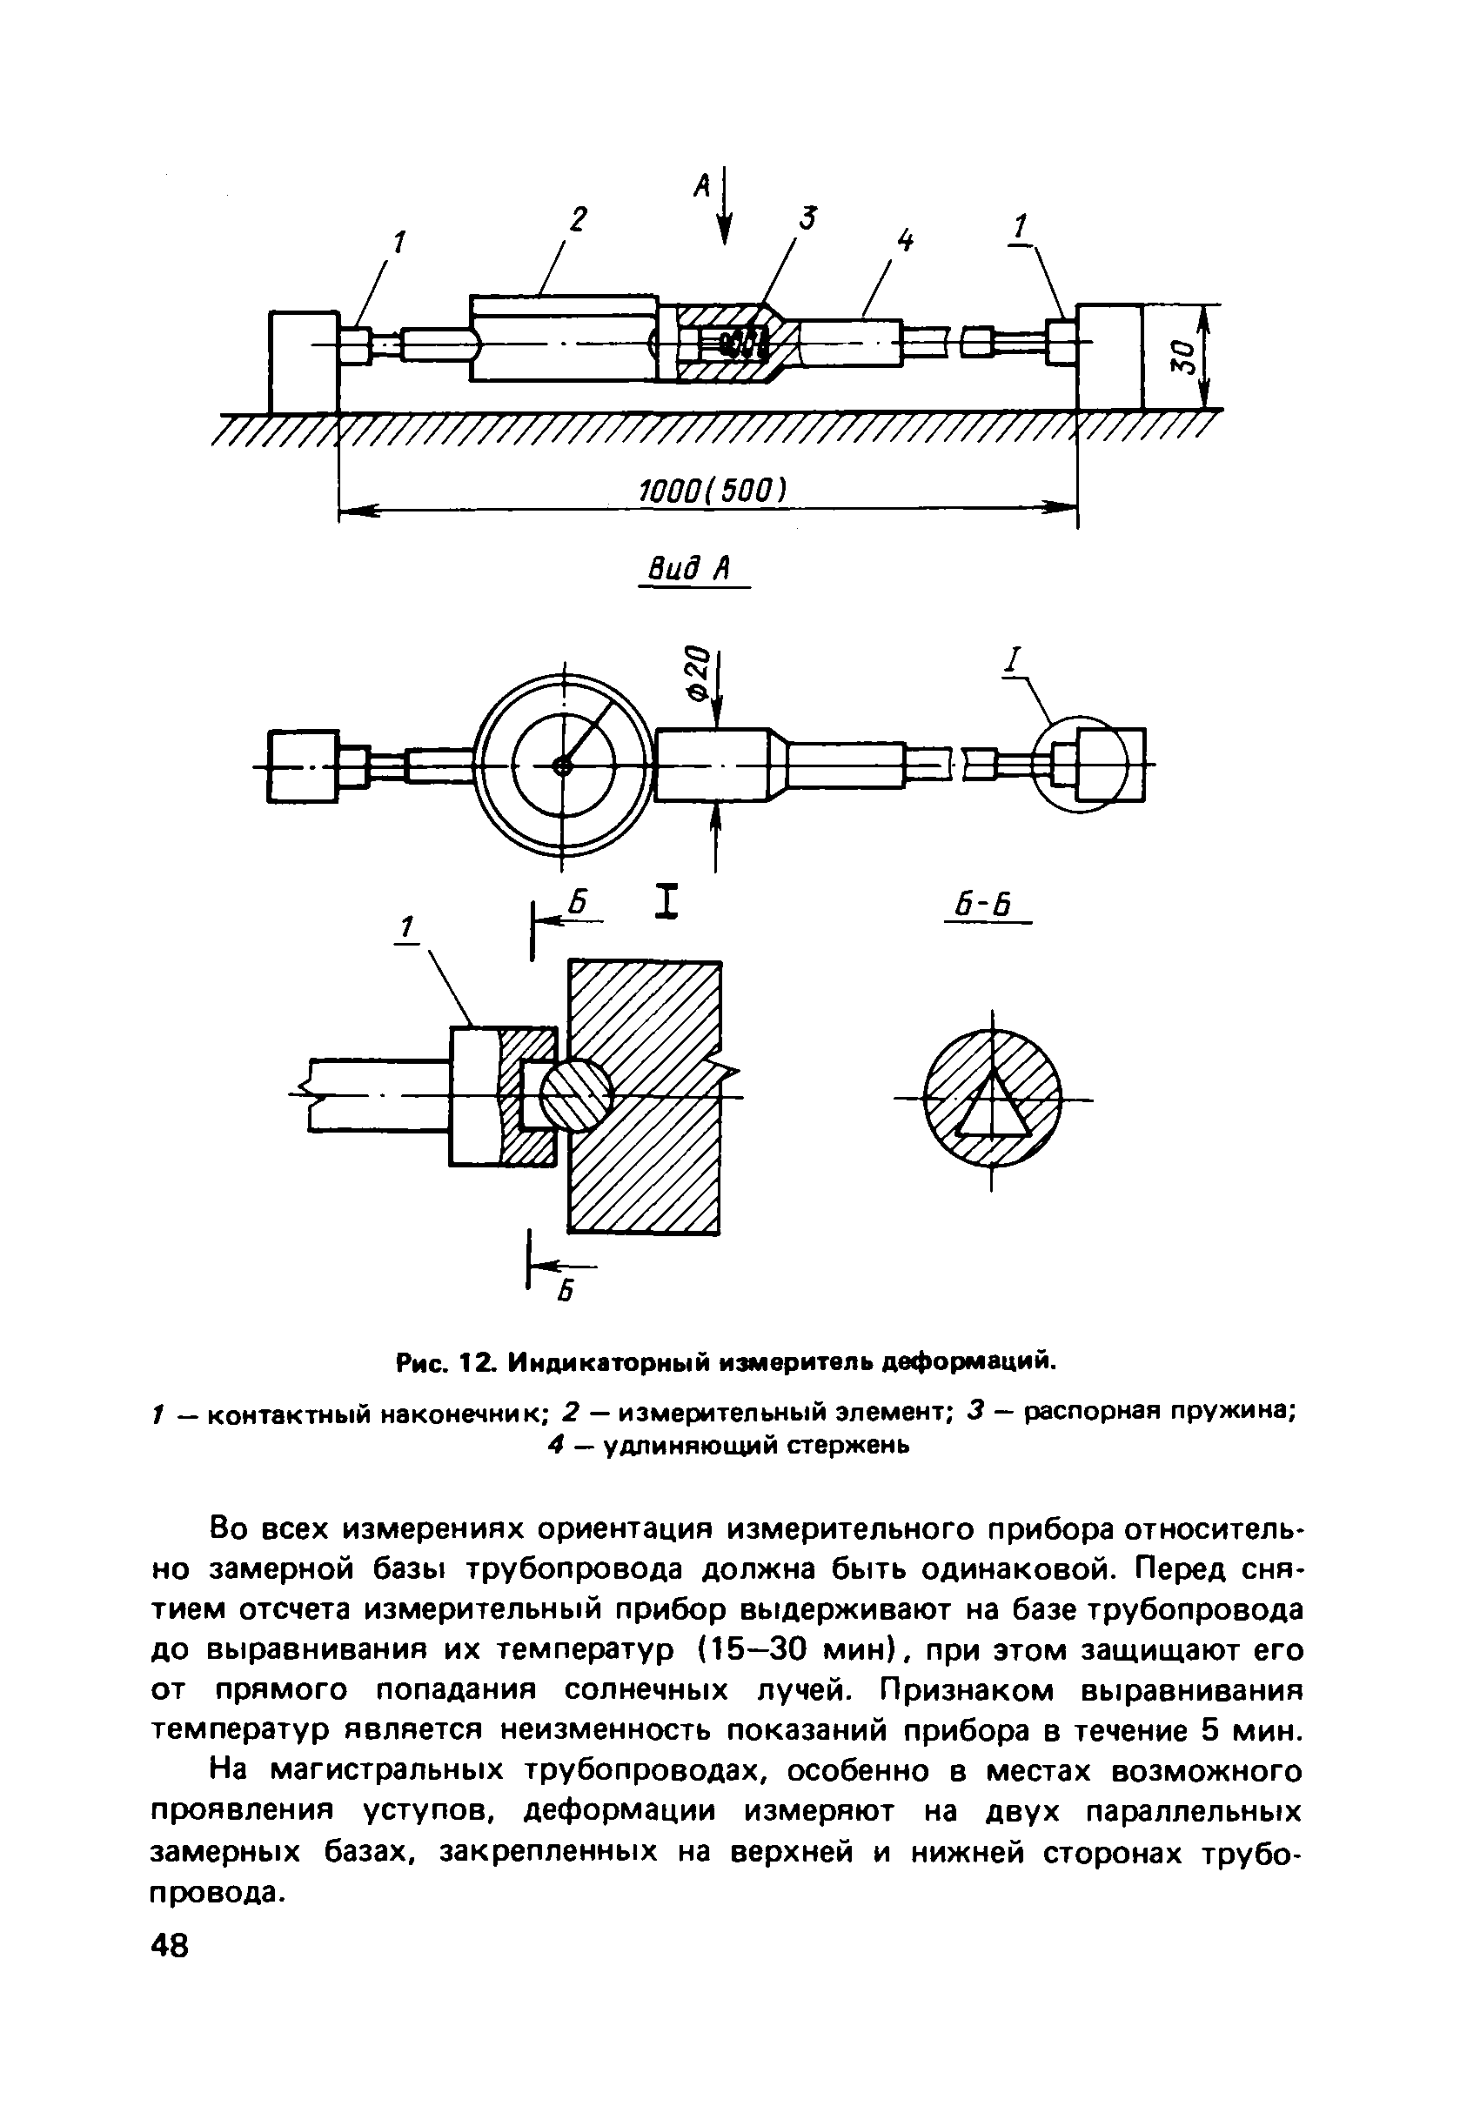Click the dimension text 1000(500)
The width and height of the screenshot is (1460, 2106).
712,491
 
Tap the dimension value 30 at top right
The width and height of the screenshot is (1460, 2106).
1182,356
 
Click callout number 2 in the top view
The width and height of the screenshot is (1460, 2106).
577,220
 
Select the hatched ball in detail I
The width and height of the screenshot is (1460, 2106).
575,1094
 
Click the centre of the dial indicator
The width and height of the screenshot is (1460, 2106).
563,766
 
